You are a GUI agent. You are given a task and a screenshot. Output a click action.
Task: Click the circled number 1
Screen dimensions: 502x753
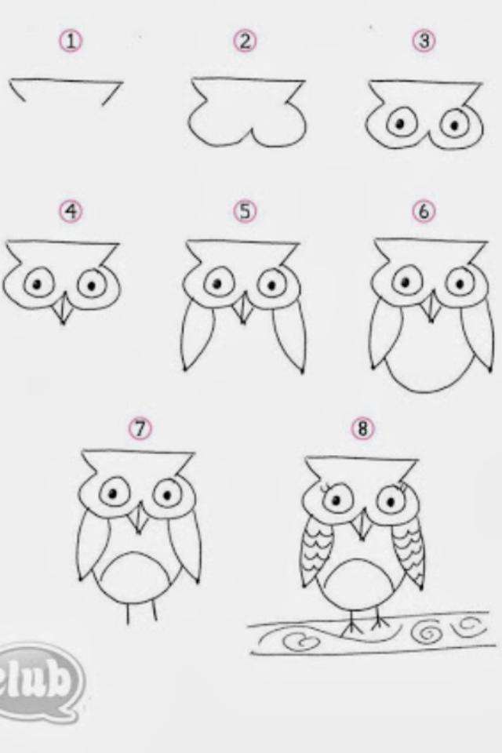point(71,42)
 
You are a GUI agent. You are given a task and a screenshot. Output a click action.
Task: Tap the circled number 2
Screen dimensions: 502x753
point(245,42)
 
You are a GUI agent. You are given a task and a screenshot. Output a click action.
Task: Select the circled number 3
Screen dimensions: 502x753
point(424,41)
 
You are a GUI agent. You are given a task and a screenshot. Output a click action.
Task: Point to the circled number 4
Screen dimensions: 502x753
point(71,211)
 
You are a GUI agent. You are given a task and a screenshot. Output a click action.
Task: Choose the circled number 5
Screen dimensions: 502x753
point(245,211)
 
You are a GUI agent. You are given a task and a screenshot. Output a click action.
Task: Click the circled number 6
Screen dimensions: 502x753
point(424,211)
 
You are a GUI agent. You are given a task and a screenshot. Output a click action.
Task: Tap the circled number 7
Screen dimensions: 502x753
point(140,428)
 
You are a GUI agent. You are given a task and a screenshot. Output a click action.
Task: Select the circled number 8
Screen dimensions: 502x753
point(362,428)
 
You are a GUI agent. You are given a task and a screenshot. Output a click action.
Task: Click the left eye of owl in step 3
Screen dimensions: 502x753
point(400,125)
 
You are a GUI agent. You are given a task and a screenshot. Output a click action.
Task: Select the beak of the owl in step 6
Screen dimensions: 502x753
point(431,307)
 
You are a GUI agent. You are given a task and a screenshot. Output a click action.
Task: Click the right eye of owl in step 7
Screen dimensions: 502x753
point(167,495)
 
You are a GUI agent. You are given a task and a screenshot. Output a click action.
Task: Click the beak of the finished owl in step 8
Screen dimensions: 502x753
point(362,525)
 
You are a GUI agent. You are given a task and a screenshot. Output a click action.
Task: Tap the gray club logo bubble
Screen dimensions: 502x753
point(39,681)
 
